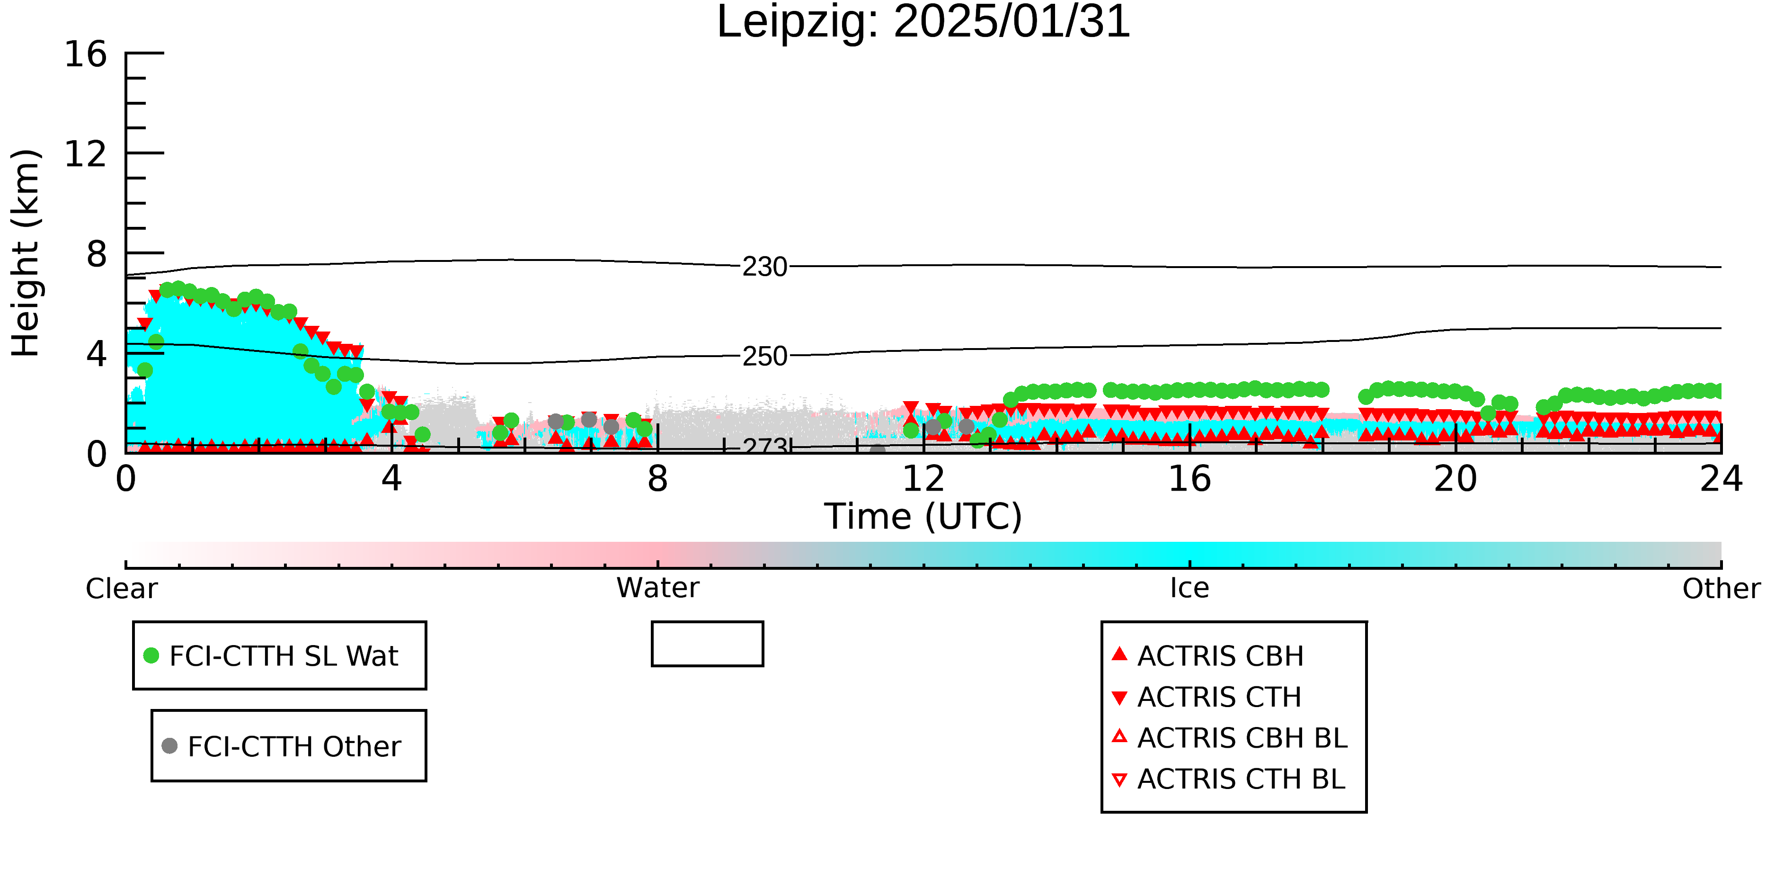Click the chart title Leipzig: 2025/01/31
point(923,22)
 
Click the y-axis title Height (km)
point(26,253)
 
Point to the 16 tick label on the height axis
point(86,54)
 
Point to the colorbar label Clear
point(121,589)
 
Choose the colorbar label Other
point(1721,589)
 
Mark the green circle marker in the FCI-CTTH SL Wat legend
point(151,655)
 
